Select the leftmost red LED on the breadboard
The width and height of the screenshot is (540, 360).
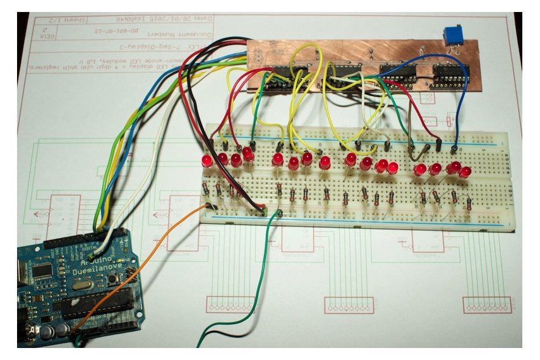(x=207, y=160)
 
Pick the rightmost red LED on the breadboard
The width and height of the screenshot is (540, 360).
(x=466, y=171)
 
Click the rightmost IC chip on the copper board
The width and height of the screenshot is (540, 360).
(x=450, y=74)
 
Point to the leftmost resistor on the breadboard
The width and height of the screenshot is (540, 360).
(x=206, y=188)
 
